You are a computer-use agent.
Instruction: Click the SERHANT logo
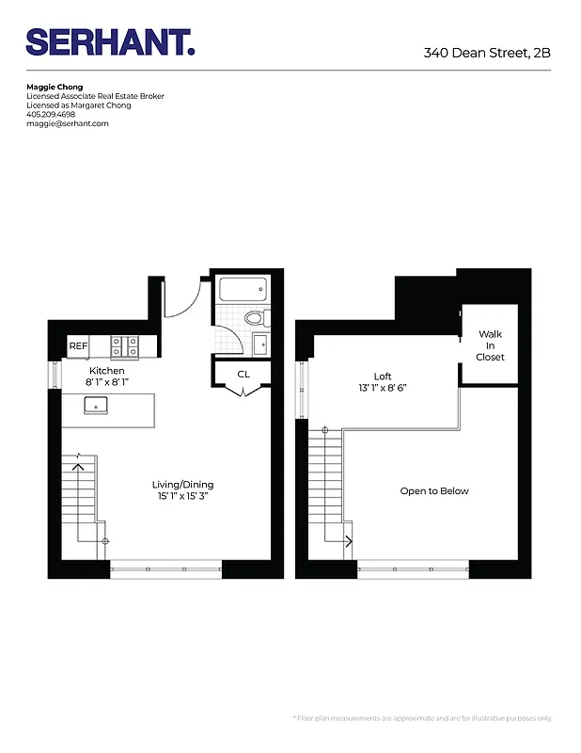tap(110, 42)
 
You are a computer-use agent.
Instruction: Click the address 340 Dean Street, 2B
tap(486, 53)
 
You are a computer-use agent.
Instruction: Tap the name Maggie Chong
tap(55, 88)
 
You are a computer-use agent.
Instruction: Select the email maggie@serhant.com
tap(68, 123)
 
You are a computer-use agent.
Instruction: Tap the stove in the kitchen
tap(124, 347)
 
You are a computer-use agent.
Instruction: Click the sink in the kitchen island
tap(96, 405)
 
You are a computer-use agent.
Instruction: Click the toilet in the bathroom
tap(253, 318)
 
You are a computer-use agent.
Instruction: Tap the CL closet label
tap(243, 375)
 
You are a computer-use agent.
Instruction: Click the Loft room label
tap(382, 376)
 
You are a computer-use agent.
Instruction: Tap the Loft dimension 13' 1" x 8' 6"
tap(382, 387)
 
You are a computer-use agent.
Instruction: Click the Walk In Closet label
tap(490, 345)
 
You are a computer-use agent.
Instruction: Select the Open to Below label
tap(433, 491)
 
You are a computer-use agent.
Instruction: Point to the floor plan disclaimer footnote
tap(422, 718)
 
